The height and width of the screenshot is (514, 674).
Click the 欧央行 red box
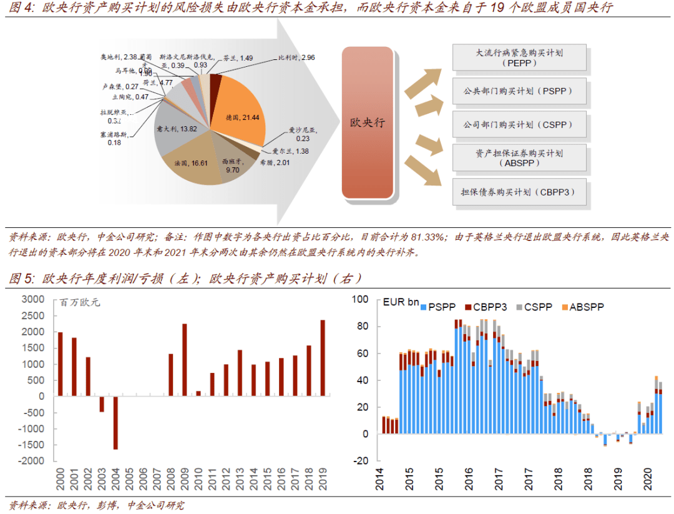click(367, 123)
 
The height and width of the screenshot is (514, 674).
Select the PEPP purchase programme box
click(519, 57)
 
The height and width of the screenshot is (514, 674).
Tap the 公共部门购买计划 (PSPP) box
click(519, 91)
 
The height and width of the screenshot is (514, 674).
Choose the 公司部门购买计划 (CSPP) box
click(519, 124)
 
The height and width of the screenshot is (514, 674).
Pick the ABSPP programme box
click(519, 157)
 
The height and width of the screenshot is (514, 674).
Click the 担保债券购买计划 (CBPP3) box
click(519, 192)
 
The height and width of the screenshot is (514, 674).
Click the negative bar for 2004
click(115, 422)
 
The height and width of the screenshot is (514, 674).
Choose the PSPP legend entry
click(439, 307)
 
